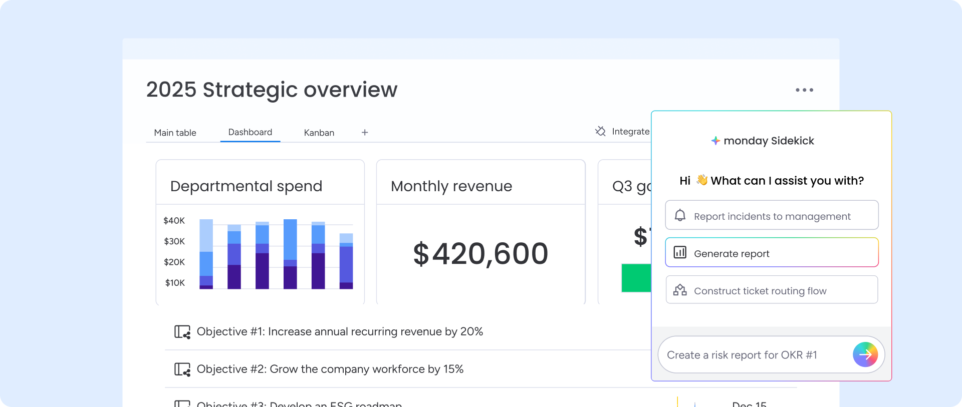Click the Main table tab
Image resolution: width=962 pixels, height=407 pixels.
click(175, 133)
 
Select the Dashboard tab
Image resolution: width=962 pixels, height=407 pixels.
click(250, 132)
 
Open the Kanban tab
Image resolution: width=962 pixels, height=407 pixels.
click(319, 133)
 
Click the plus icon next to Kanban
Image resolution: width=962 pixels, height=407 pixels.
click(365, 133)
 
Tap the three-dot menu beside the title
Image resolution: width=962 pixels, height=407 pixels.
click(804, 90)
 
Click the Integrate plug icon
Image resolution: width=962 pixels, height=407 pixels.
click(600, 131)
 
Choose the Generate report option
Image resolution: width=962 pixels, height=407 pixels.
click(772, 253)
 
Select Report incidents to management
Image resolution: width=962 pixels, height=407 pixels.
click(772, 216)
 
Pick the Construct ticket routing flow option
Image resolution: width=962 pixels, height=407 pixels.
click(772, 290)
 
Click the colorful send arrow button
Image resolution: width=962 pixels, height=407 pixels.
click(865, 355)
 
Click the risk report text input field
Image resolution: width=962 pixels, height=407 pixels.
click(752, 355)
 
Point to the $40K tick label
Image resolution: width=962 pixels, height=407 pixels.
click(174, 221)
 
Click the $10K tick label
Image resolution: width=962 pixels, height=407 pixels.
click(175, 283)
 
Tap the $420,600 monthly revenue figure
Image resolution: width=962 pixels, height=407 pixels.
click(480, 254)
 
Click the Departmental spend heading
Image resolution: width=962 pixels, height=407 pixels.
click(246, 186)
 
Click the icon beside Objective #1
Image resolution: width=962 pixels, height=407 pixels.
click(182, 332)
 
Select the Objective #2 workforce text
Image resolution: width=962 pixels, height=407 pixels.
click(330, 369)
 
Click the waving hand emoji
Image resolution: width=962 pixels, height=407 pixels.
click(701, 180)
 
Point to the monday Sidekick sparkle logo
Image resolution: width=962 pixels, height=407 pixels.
click(715, 141)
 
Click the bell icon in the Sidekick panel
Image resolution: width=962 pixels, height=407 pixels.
click(680, 216)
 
